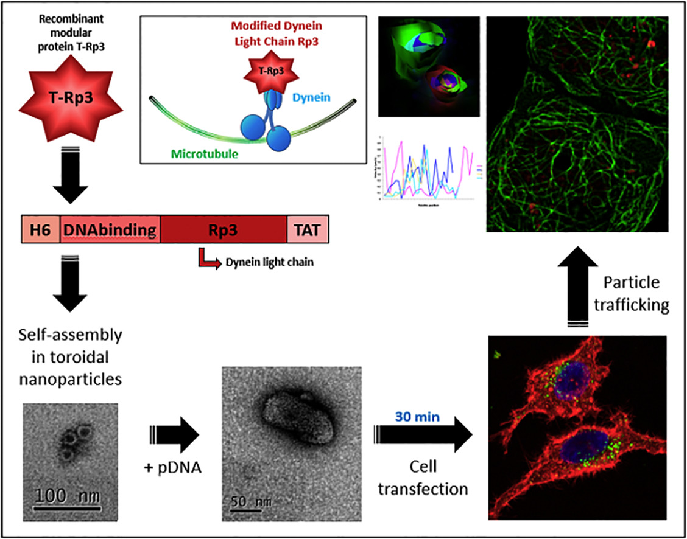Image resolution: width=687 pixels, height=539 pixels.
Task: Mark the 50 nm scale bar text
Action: point(250,502)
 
